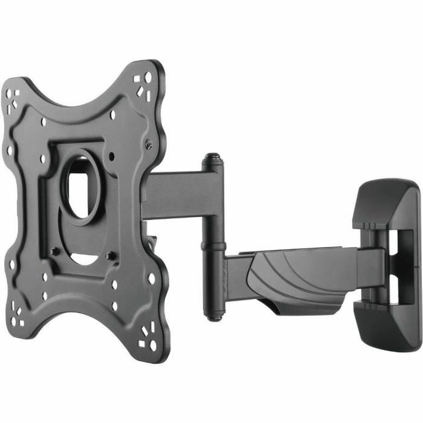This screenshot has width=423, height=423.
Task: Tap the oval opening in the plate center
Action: point(77,187)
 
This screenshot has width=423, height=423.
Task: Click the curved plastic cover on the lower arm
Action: point(296,278)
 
